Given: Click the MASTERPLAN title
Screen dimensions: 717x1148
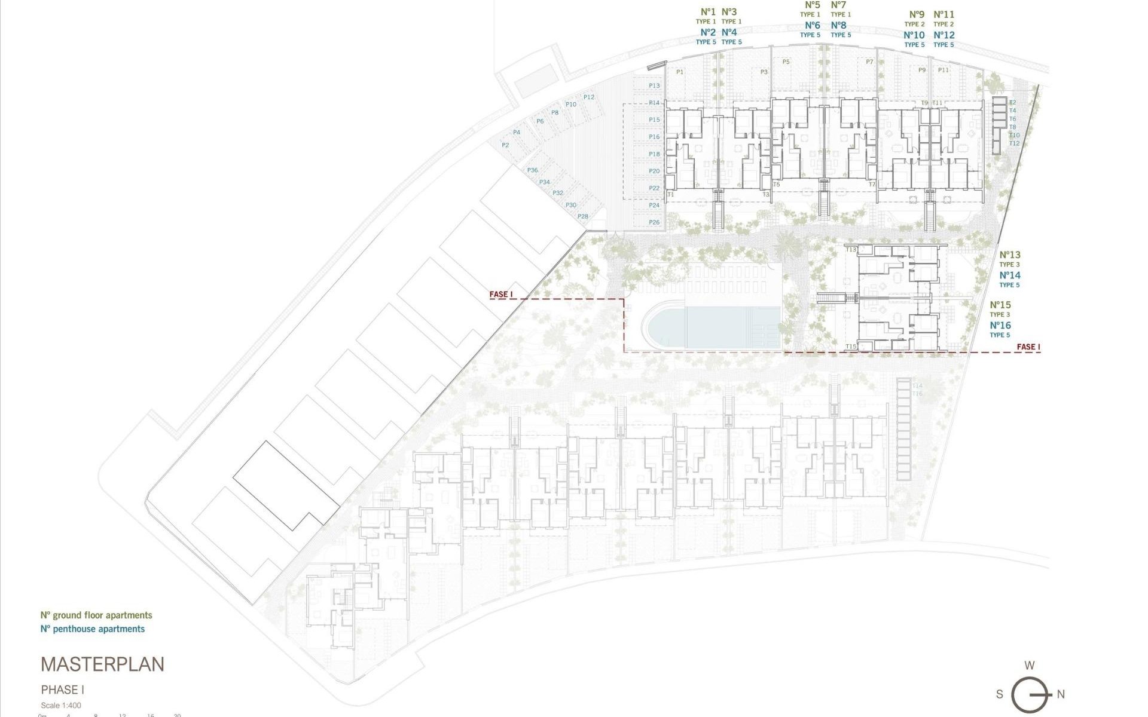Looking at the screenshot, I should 102,664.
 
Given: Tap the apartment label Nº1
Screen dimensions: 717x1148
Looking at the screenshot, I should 707,12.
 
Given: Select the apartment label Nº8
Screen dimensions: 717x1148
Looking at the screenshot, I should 839,26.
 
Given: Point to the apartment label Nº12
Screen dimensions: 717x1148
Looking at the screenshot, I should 944,35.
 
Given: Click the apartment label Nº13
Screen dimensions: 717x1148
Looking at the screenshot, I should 1010,255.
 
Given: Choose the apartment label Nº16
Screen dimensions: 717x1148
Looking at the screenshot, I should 1000,326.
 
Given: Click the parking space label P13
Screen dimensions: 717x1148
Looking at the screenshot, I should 654,86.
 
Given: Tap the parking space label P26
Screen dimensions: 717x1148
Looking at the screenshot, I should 654,222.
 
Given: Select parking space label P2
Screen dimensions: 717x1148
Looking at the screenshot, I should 505,145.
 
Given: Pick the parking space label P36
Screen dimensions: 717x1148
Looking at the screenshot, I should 532,170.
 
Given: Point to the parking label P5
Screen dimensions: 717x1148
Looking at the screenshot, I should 786,62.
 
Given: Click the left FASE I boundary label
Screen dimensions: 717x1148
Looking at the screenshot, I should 501,295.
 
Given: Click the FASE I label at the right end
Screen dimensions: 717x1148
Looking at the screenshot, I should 1028,347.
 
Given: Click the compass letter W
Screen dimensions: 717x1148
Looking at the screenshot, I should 1030,665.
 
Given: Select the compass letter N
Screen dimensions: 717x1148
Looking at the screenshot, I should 1061,694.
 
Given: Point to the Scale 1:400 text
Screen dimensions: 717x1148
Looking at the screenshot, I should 61,706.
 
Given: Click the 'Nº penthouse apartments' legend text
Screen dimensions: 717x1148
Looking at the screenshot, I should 93,629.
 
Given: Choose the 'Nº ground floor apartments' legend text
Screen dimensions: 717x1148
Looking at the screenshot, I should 96,615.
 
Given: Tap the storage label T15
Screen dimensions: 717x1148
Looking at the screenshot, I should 851,347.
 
